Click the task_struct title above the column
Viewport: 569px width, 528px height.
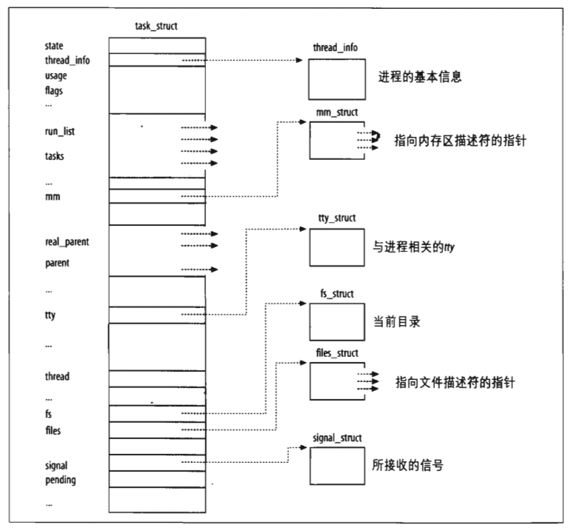pyautogui.click(x=157, y=27)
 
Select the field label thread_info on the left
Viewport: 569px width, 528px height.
pyautogui.click(x=67, y=60)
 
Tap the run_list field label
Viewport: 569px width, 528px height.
pyautogui.click(x=60, y=131)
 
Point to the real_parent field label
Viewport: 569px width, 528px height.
pyautogui.click(x=67, y=242)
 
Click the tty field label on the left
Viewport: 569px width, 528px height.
pyautogui.click(x=50, y=315)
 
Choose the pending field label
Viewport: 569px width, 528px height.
pyautogui.click(x=60, y=480)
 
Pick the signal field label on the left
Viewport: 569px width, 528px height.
pyautogui.click(x=56, y=466)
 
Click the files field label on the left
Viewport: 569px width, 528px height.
pyautogui.click(x=53, y=430)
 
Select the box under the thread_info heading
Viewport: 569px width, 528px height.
pyautogui.click(x=335, y=77)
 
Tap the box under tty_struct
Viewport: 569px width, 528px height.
pyautogui.click(x=335, y=247)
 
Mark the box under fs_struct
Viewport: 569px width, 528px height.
pyautogui.click(x=335, y=321)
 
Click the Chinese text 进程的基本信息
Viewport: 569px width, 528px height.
pyautogui.click(x=419, y=77)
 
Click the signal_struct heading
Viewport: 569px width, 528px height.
pyautogui.click(x=338, y=438)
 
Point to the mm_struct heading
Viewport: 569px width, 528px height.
pyautogui.click(x=336, y=113)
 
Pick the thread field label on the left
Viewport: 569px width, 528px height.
pyautogui.click(x=57, y=376)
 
